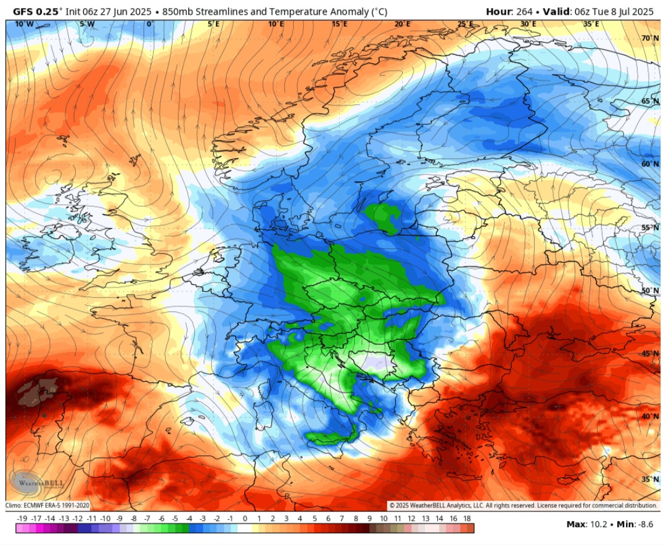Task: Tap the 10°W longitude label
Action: coord(24,24)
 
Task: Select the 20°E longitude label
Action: coord(402,24)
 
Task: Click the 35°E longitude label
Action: coord(591,24)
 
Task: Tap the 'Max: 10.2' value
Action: coord(586,525)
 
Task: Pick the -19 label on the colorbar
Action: coord(22,519)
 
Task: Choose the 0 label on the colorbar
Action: coord(245,519)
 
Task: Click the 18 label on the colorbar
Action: coord(467,519)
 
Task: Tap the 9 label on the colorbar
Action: coord(369,519)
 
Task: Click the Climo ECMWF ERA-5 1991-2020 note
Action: coord(48,506)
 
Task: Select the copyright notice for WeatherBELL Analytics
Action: coord(523,506)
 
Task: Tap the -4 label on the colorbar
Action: coord(189,519)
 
